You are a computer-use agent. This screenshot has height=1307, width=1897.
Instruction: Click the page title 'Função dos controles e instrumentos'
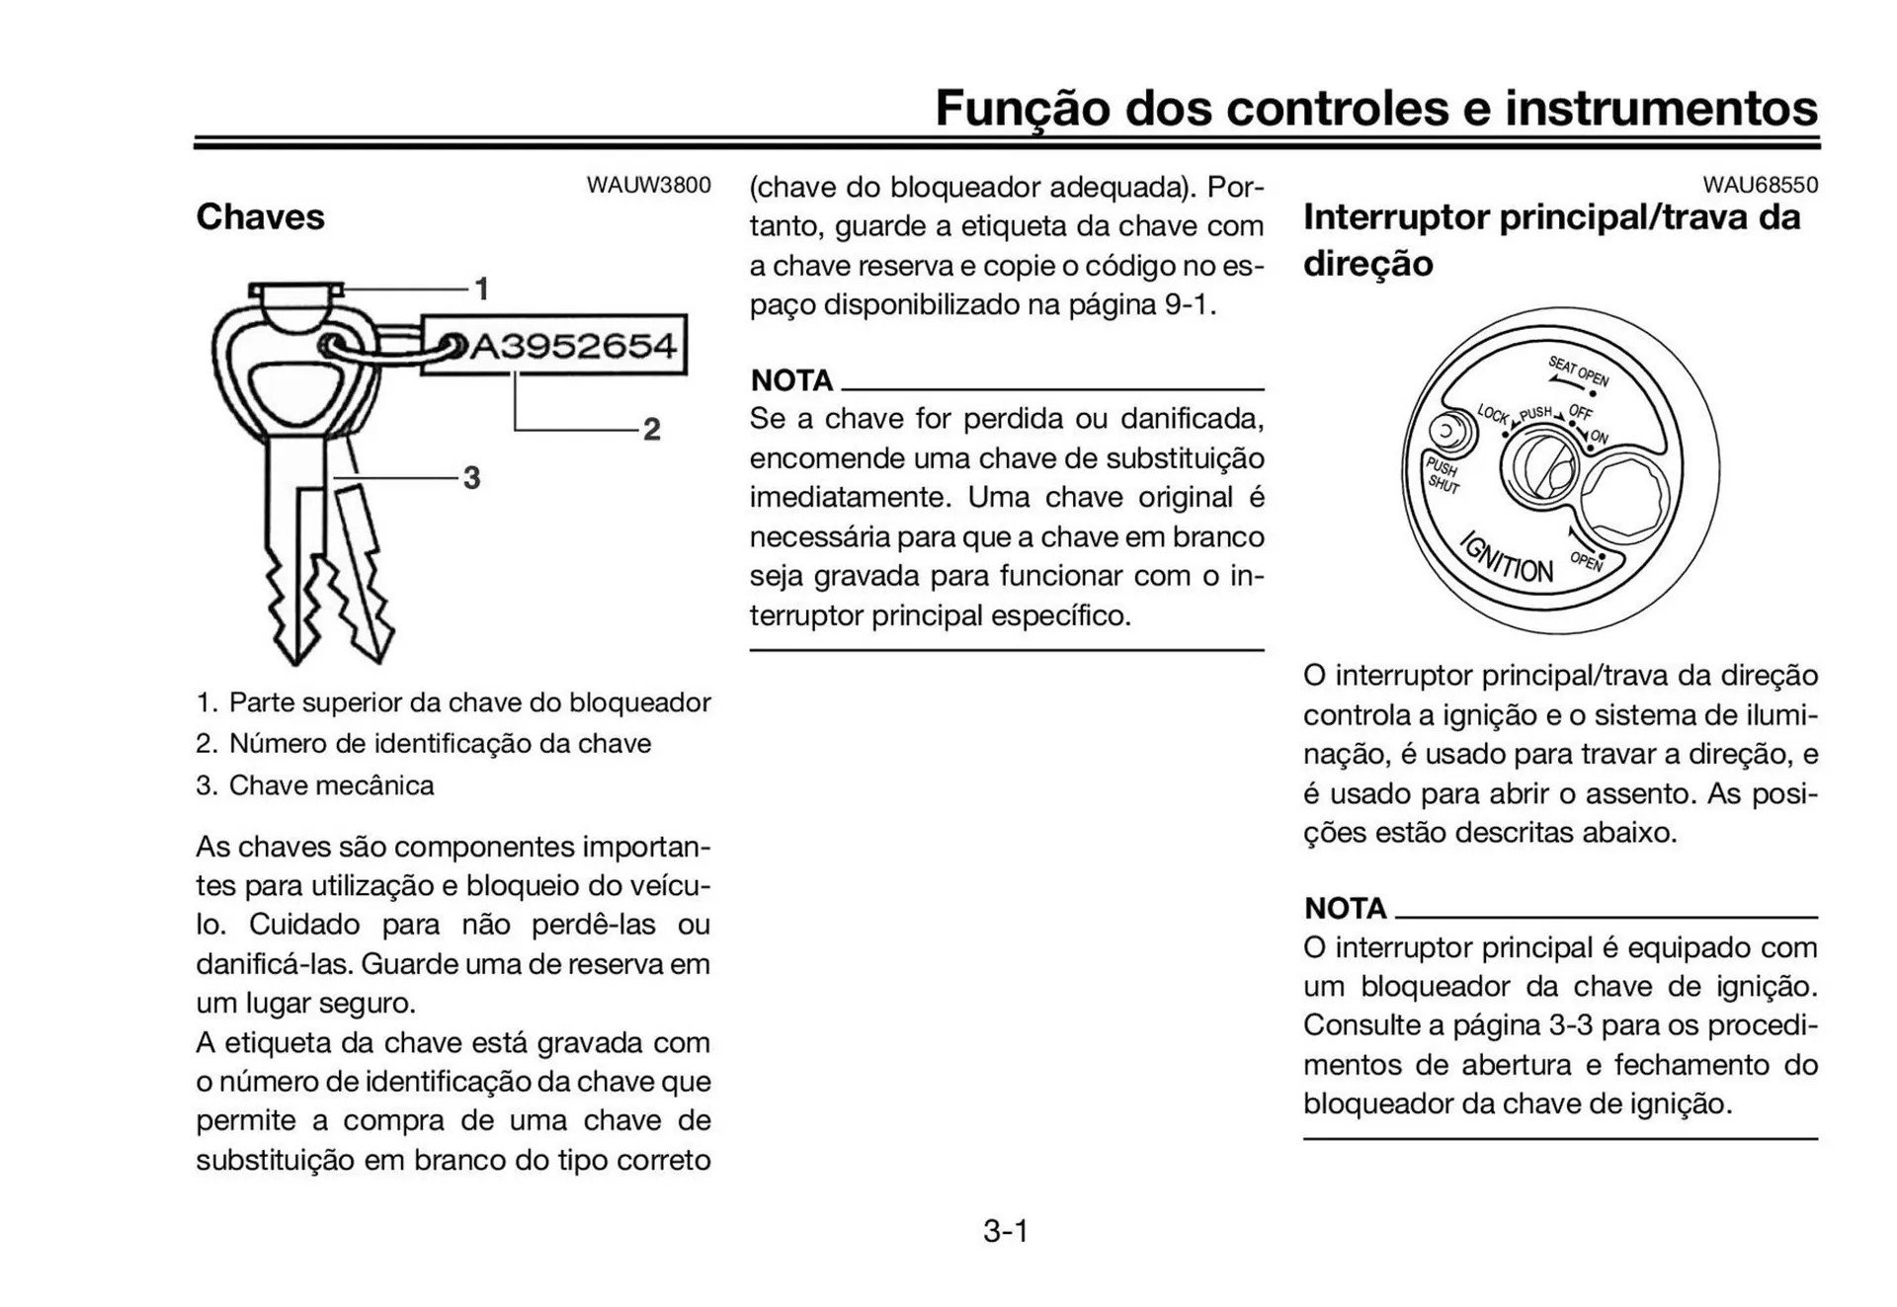1375,108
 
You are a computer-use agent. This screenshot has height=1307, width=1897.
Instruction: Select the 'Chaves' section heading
260,216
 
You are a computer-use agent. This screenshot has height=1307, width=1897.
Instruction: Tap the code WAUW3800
648,185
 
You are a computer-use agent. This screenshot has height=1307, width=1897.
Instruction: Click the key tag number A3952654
573,346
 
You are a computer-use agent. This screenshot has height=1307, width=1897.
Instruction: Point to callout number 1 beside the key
482,289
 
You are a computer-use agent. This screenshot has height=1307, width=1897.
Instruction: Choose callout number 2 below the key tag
651,430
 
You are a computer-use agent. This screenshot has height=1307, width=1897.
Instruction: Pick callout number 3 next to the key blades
471,478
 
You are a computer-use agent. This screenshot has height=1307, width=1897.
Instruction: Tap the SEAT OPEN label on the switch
1578,371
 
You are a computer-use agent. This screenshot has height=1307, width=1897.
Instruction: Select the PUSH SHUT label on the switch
1442,475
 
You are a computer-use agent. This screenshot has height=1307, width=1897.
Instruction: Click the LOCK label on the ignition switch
1493,414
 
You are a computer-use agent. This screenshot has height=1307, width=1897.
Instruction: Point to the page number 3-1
1006,1231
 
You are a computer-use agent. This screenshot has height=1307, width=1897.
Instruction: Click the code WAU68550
1760,185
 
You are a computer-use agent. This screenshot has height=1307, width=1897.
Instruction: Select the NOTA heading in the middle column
791,380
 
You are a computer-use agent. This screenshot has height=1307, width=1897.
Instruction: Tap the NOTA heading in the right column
1345,908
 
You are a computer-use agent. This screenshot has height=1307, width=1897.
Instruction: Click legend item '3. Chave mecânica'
315,785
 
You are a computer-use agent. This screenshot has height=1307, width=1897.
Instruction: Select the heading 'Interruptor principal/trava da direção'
1551,240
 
